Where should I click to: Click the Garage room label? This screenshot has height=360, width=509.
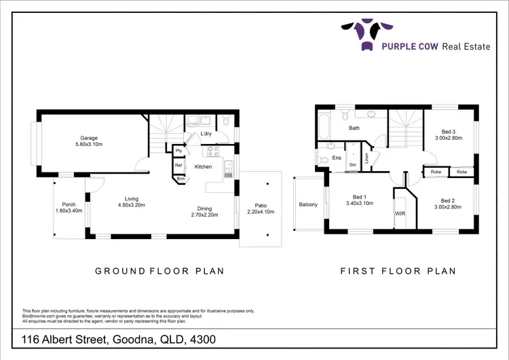[87, 137]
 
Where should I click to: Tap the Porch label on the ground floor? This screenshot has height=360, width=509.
[69, 204]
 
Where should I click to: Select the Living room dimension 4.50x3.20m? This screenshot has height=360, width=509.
[132, 205]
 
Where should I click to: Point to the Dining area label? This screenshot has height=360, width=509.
[205, 209]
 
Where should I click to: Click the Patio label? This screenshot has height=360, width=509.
[261, 204]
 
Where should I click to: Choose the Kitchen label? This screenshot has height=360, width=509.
[204, 166]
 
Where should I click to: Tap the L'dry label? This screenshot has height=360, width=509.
[206, 134]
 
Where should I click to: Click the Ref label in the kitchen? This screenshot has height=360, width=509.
[178, 165]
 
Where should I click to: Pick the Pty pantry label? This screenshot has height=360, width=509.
[178, 151]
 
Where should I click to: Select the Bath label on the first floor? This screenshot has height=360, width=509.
[354, 128]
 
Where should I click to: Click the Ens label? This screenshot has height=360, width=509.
[336, 158]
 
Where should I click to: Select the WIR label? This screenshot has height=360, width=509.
[400, 213]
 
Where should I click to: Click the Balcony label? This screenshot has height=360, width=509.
[308, 204]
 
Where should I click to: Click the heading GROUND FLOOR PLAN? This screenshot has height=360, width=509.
[160, 271]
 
